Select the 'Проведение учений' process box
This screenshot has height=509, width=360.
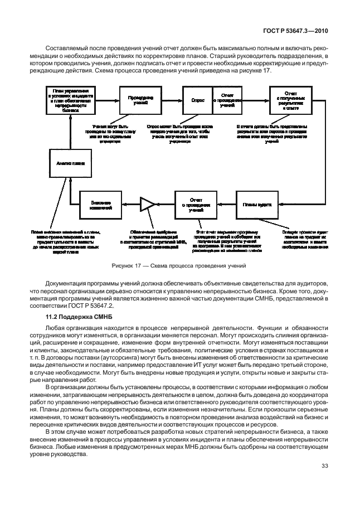click(137, 101)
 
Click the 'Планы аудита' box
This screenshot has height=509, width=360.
click(257, 205)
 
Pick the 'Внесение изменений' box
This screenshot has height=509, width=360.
click(100, 205)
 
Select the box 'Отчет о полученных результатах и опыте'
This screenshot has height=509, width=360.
click(290, 101)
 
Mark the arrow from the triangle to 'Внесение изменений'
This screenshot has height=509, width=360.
click(130, 205)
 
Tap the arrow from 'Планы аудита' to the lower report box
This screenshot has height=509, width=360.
click(226, 205)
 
